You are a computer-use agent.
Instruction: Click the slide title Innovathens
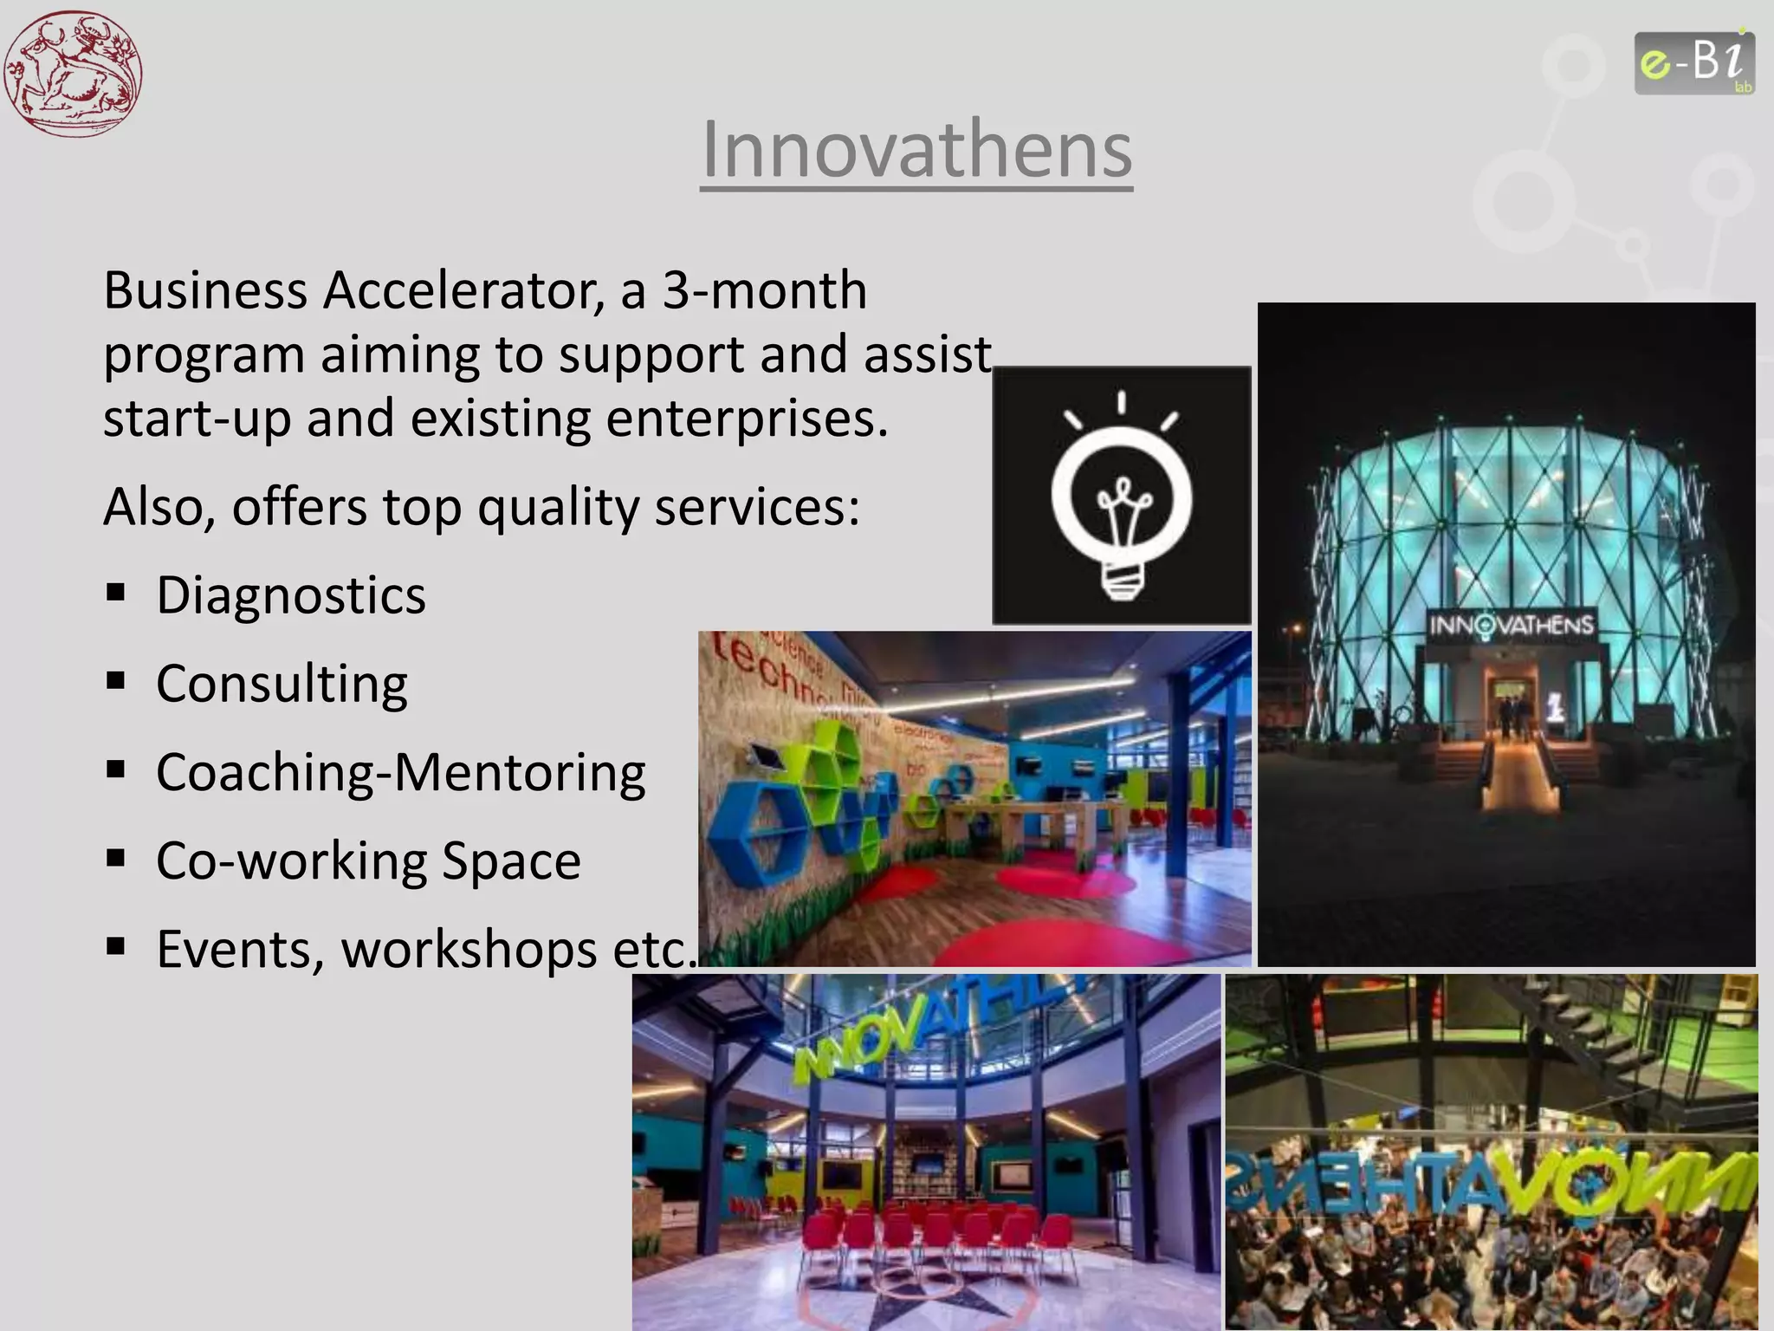pyautogui.click(x=916, y=150)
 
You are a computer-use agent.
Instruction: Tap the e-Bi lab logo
pyautogui.click(x=1694, y=63)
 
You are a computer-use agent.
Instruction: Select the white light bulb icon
pyautogui.click(x=1122, y=498)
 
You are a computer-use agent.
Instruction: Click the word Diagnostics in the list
pyautogui.click(x=291, y=596)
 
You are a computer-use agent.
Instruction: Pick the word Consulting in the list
pyautogui.click(x=282, y=685)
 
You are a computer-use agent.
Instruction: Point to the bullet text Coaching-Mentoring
pyautogui.click(x=400, y=773)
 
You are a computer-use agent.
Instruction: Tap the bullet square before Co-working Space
pyautogui.click(x=115, y=859)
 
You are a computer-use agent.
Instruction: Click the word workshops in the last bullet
pyautogui.click(x=469, y=950)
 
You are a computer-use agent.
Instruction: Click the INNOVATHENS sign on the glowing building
pyautogui.click(x=1511, y=625)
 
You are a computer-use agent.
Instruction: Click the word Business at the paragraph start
pyautogui.click(x=205, y=290)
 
